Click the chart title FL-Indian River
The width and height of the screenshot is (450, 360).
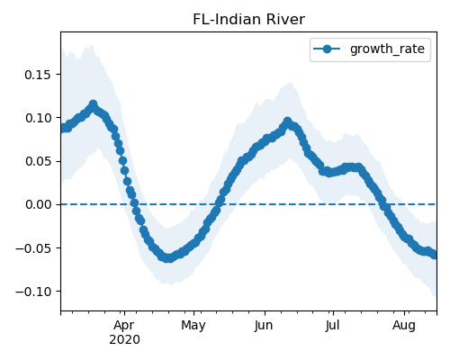(248, 20)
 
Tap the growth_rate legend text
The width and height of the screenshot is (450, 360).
(387, 49)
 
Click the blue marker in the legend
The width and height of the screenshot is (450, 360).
(327, 49)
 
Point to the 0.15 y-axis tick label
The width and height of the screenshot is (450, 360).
(38, 75)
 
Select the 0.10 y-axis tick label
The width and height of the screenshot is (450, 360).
(38, 118)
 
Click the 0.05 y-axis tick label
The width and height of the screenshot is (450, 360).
(38, 161)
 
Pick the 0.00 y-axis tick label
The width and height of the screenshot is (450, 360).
(38, 204)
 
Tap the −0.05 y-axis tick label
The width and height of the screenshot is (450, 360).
(33, 248)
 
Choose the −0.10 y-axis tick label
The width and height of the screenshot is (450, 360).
(33, 292)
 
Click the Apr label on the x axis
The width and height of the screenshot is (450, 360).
(124, 325)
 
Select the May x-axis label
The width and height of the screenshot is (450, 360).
(193, 325)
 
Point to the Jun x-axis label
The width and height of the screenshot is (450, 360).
(264, 325)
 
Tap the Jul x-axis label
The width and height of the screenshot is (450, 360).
(333, 325)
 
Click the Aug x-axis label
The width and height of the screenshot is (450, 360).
(404, 325)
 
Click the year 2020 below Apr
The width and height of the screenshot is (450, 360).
(124, 339)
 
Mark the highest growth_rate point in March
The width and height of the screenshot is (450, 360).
(94, 104)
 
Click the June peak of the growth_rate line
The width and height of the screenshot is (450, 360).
(287, 121)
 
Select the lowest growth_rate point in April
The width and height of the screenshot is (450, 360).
(168, 258)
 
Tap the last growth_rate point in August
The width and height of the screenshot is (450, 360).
(435, 255)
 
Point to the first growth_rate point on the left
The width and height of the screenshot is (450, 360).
(63, 129)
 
